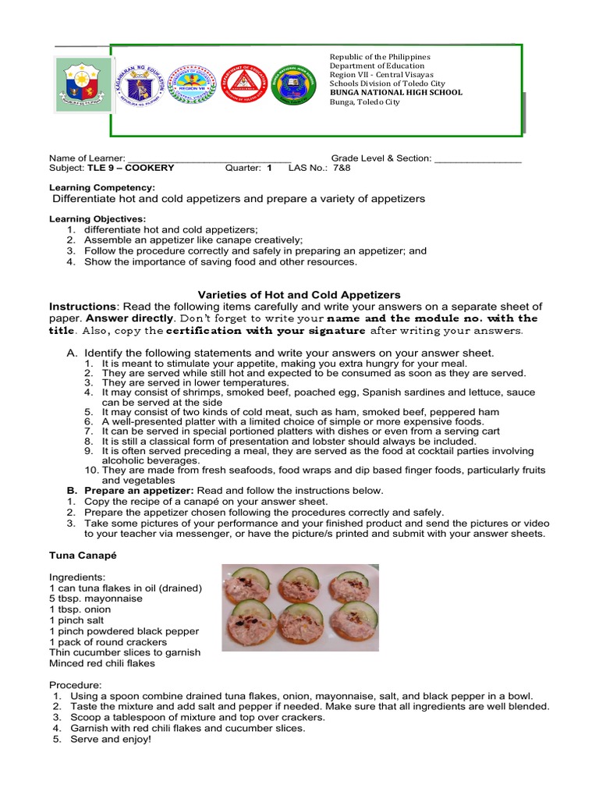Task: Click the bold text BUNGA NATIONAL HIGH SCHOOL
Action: pyautogui.click(x=395, y=92)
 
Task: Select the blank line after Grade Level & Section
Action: pyautogui.click(x=477, y=158)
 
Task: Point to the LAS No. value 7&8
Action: pyautogui.click(x=342, y=168)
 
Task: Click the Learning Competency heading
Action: pyautogui.click(x=102, y=188)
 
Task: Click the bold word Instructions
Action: pyautogui.click(x=83, y=307)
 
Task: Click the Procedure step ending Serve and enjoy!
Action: pyautogui.click(x=111, y=739)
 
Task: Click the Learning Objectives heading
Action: pyautogui.click(x=97, y=219)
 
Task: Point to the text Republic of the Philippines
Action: pyautogui.click(x=379, y=57)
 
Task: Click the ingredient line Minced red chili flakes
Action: pyautogui.click(x=101, y=663)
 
